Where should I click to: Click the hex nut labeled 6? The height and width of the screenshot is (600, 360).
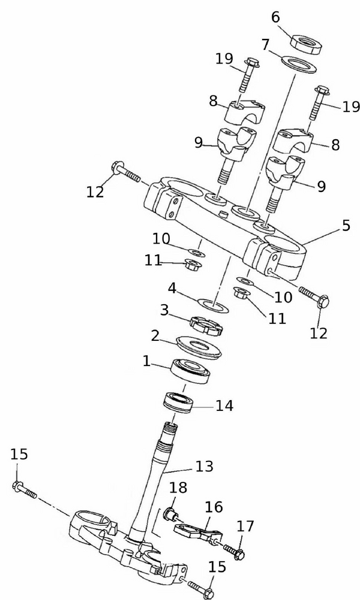click(x=305, y=44)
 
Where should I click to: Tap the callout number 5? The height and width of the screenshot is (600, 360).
click(x=346, y=227)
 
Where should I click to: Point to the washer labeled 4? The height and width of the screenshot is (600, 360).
click(x=212, y=305)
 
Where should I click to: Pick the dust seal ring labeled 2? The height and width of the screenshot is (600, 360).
click(x=198, y=346)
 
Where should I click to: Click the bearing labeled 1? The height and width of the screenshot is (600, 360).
click(x=190, y=370)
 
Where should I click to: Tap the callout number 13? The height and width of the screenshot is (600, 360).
click(x=204, y=466)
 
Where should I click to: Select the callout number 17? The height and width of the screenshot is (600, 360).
click(x=245, y=527)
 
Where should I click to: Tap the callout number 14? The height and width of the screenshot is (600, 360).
click(x=224, y=406)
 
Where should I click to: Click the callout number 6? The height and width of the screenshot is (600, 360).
click(x=275, y=16)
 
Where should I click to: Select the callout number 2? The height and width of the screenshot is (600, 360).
click(x=155, y=335)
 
